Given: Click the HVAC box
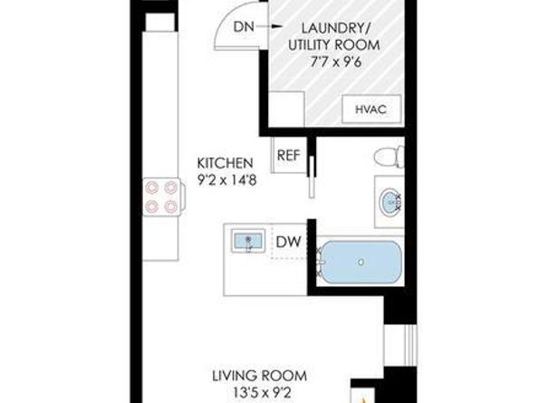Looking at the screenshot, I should tap(371, 110).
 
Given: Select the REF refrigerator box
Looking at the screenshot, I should tap(288, 154).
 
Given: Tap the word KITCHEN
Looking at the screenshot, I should tap(225, 163).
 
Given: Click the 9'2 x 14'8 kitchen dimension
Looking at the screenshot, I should tap(225, 179).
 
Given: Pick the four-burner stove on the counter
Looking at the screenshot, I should tap(160, 197).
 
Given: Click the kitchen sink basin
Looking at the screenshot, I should tap(247, 243).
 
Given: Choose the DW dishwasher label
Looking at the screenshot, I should tap(288, 242).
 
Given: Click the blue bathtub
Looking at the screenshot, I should tap(360, 264).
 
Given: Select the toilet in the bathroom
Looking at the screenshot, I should tap(388, 156).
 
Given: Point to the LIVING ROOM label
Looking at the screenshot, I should tap(259, 375).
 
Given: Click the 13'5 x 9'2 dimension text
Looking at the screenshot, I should tap(259, 392).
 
